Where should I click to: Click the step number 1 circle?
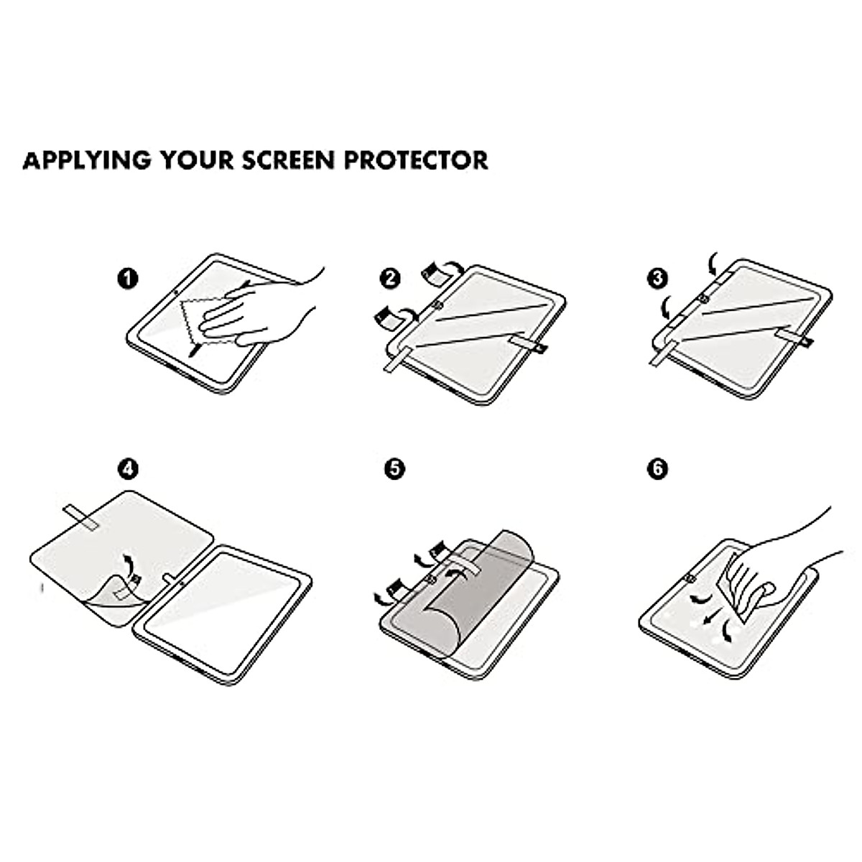(128, 278)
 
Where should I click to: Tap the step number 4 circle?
(128, 469)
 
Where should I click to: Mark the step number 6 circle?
(657, 469)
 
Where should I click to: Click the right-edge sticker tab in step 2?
(524, 345)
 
